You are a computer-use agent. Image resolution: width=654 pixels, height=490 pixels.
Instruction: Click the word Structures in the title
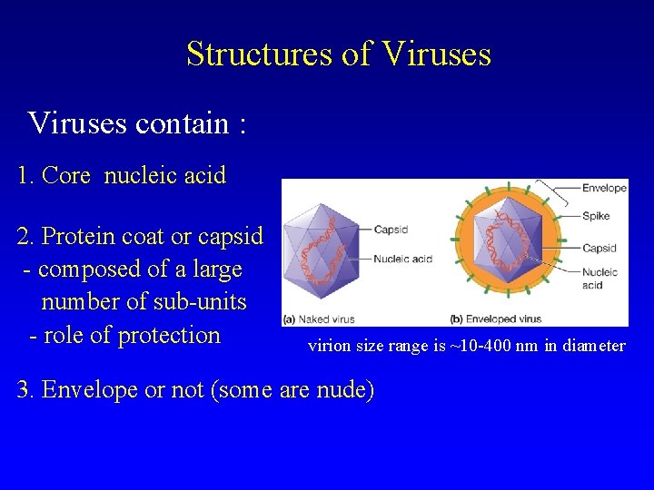click(x=259, y=54)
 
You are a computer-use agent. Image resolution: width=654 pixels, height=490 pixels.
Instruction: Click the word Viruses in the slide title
click(x=437, y=54)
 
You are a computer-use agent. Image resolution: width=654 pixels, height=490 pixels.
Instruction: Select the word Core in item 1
click(x=66, y=175)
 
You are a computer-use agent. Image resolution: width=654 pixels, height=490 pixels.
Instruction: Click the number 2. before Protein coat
click(x=26, y=237)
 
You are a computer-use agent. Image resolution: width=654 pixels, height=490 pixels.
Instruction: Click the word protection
click(x=170, y=335)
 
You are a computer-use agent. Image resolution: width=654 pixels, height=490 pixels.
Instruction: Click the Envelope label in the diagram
click(x=604, y=189)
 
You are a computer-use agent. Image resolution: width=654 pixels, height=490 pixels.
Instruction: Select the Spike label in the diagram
click(x=596, y=216)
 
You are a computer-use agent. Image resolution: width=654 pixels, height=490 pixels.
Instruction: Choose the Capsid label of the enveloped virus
click(x=599, y=248)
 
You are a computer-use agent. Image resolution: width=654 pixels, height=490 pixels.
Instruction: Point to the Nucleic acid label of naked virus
click(x=402, y=260)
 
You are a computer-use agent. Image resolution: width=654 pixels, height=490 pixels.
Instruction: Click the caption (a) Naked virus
click(x=319, y=319)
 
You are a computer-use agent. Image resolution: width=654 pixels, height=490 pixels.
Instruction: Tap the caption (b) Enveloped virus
click(x=496, y=319)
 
